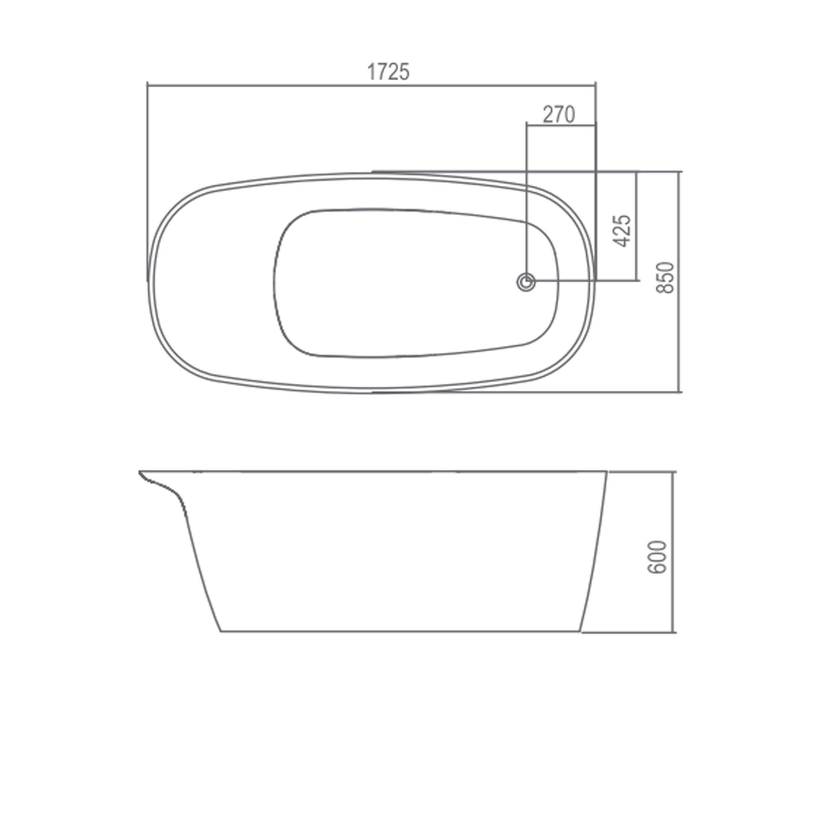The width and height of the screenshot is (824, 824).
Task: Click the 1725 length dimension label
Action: coord(388,72)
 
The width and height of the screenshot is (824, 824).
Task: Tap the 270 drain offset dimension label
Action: coord(558,115)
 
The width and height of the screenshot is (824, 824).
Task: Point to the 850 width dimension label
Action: coord(666,277)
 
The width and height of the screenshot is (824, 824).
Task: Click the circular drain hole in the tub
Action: coord(526,282)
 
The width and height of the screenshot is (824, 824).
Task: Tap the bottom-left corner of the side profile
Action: coord(221,631)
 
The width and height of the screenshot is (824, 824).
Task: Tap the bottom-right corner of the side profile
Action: coord(580,631)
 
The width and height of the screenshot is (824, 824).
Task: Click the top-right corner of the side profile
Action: coord(607,471)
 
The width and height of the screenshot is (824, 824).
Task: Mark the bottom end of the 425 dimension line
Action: coord(636,281)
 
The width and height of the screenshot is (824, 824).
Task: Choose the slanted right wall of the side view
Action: coord(594,554)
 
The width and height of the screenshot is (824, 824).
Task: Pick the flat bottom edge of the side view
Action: coord(399,631)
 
